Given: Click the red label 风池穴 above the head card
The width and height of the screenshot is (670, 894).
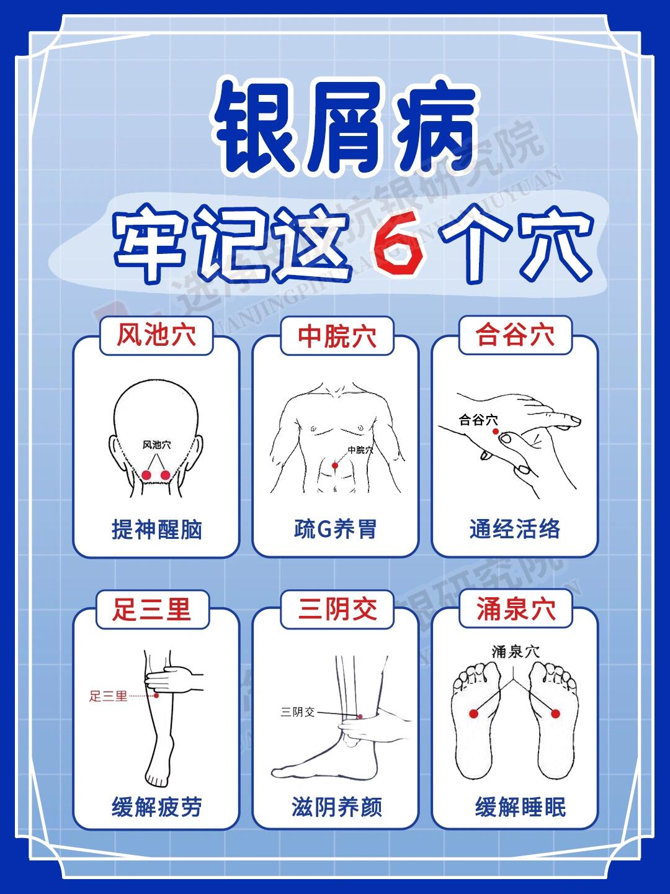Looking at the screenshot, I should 156,336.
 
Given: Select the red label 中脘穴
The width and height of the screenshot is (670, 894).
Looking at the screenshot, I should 337,336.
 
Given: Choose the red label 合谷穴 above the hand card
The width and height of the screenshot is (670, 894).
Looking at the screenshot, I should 515,335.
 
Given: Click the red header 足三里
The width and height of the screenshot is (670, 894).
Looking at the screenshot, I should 151,609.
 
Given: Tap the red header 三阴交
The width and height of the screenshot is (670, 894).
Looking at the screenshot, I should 337,609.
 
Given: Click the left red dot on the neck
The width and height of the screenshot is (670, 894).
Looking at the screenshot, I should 146,475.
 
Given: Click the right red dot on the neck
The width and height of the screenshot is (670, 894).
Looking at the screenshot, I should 165,475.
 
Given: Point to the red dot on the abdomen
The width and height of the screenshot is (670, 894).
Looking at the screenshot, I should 335,465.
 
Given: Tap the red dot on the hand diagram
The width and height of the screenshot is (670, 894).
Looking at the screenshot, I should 495,431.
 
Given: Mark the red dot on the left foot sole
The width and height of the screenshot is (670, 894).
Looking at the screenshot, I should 473,714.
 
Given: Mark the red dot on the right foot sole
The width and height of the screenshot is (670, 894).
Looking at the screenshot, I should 555,714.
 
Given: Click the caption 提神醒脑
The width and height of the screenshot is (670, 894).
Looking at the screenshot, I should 156,530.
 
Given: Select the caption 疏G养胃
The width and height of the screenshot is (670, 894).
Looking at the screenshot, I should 335,530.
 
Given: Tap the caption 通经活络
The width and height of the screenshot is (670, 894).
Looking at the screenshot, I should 515,530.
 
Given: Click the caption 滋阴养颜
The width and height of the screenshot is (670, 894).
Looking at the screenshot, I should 337,807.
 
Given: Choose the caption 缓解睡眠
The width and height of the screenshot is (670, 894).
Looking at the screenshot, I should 520,807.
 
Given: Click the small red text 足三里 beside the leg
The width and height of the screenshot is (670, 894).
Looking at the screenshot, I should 108,696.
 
